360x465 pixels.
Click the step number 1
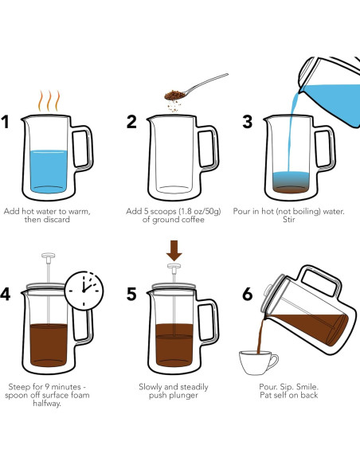pyautogui.click(x=6, y=122)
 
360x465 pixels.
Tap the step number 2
pyautogui.click(x=131, y=122)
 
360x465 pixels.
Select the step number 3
pyautogui.click(x=248, y=122)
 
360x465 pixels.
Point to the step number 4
pyautogui.click(x=6, y=294)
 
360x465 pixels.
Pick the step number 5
pyautogui.click(x=131, y=294)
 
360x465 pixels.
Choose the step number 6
pyautogui.click(x=248, y=294)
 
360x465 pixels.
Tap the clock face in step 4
pyautogui.click(x=84, y=291)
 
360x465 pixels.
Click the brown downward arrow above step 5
pyautogui.click(x=174, y=251)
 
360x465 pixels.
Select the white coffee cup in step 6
pyautogui.click(x=258, y=363)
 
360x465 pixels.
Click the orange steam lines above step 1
pyautogui.click(x=49, y=101)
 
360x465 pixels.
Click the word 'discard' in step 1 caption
pyautogui.click(x=57, y=220)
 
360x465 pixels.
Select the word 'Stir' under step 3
pyautogui.click(x=289, y=220)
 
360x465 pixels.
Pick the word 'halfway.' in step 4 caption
pyautogui.click(x=47, y=404)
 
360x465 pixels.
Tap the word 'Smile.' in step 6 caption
pyautogui.click(x=307, y=387)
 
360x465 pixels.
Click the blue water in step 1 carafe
pyautogui.click(x=49, y=171)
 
